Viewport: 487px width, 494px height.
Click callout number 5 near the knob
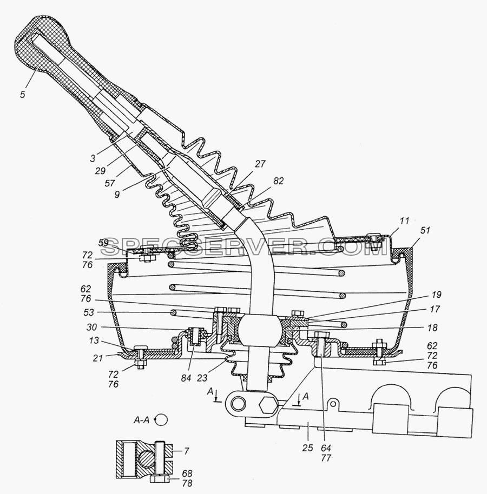(x=22, y=94)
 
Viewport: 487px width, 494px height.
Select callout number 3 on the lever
(x=93, y=158)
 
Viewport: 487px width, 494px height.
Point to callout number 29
(x=100, y=170)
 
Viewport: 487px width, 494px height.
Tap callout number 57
(x=109, y=183)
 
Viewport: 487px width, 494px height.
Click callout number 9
(x=117, y=195)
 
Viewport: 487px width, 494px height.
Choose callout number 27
(x=260, y=164)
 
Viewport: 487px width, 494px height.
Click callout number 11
(x=404, y=221)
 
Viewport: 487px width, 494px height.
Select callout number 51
(x=425, y=230)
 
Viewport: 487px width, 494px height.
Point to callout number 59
(x=103, y=243)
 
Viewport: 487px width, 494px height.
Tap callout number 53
(x=89, y=312)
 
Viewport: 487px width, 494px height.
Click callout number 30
(x=92, y=328)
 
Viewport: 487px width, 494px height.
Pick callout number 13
(x=94, y=341)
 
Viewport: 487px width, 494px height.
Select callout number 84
(x=186, y=378)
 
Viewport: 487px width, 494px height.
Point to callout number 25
(x=307, y=448)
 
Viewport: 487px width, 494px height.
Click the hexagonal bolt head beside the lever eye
(x=268, y=404)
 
